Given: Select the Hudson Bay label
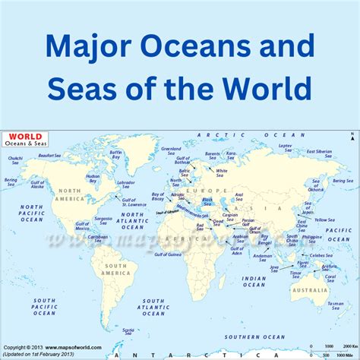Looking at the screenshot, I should coord(93,178).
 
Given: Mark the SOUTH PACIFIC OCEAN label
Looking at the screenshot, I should coord(44,307).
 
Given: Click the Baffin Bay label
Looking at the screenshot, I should coord(115,155).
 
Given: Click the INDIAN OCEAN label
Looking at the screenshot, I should coord(254,282).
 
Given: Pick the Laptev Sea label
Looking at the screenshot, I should coord(285,147).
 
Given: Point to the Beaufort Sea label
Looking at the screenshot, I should coord(49,155).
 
